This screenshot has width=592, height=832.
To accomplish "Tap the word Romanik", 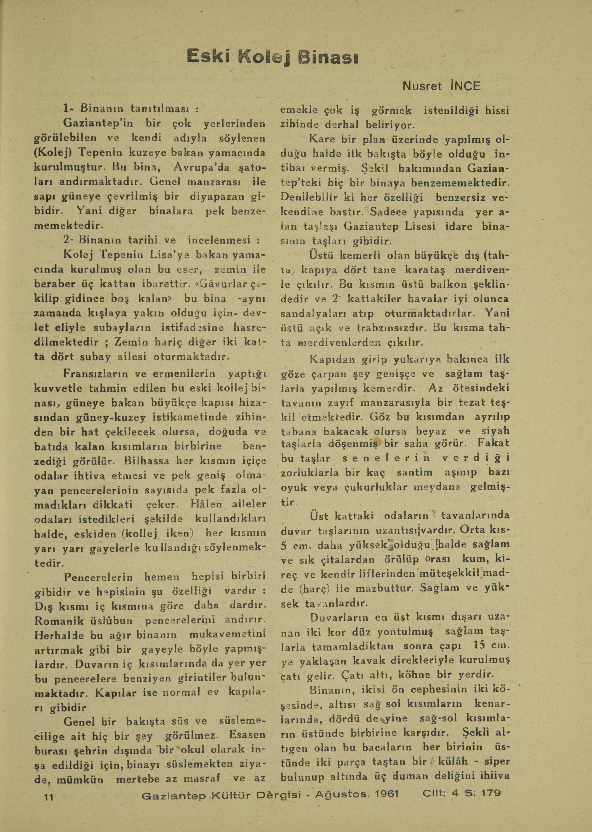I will tap(59, 620).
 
